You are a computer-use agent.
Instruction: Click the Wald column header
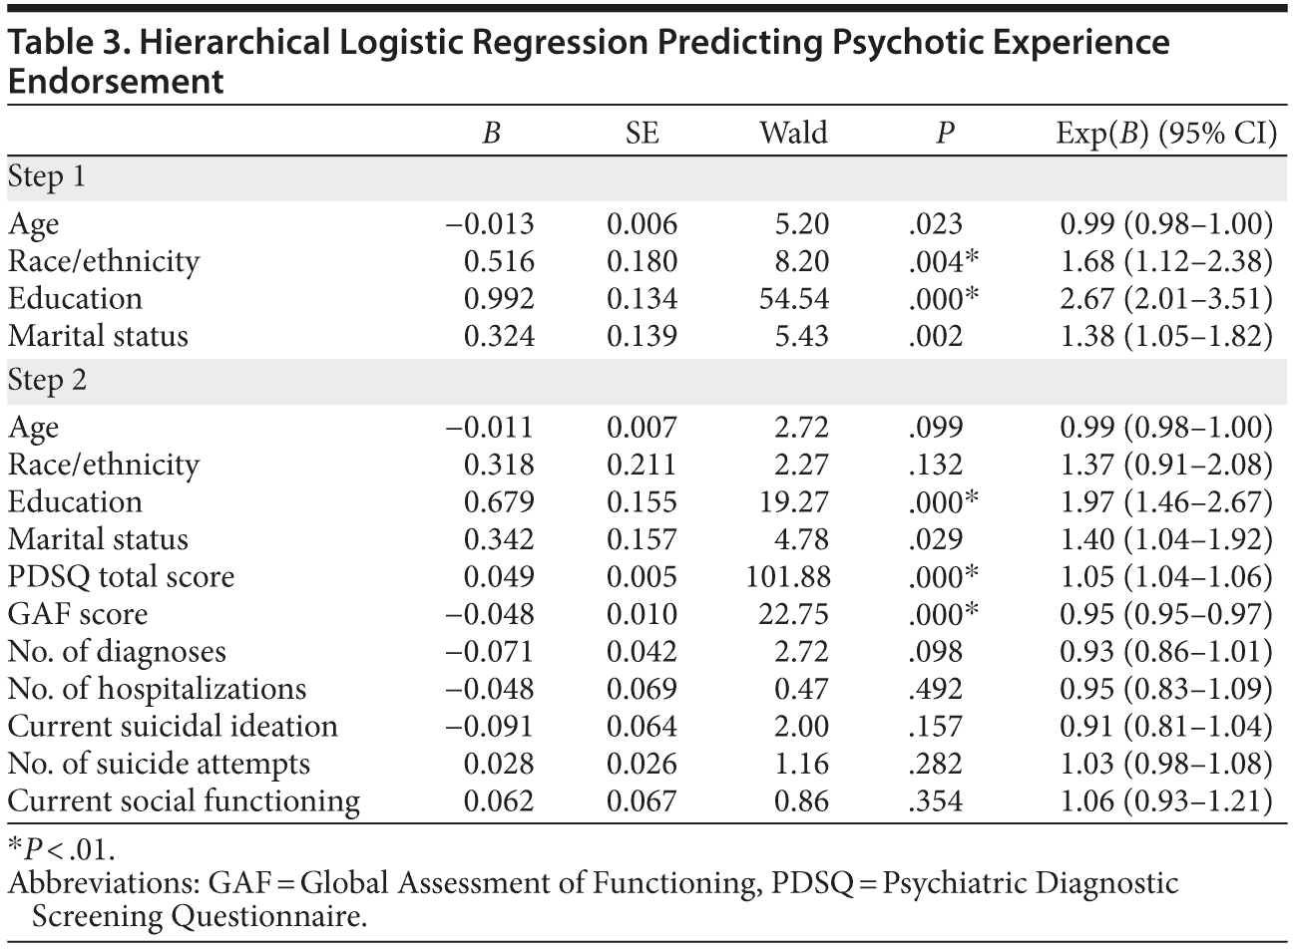coord(793,133)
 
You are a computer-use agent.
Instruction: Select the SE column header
coord(642,133)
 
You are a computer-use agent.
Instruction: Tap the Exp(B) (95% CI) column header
coord(1166,133)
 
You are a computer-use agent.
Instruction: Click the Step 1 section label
coord(47,178)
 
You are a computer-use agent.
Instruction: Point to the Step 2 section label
coord(47,382)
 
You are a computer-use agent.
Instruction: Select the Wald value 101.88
coord(787,577)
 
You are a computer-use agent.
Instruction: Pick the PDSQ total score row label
coord(122,577)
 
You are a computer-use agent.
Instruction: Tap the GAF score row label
coord(78,614)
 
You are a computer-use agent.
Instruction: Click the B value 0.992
coord(500,299)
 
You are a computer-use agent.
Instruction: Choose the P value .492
coord(936,689)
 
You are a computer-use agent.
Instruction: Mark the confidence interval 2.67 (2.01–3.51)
coord(1166,299)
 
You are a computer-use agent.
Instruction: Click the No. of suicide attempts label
coord(160,764)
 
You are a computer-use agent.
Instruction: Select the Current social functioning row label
coord(184,800)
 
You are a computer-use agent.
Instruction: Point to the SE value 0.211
coord(642,466)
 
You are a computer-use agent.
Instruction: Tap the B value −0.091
coord(489,726)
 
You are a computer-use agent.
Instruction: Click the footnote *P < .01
coord(61,850)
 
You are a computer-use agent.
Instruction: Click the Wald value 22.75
coord(793,614)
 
